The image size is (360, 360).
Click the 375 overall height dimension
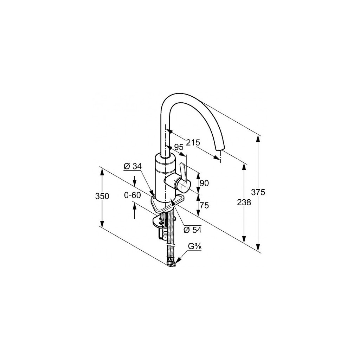coord(258,192)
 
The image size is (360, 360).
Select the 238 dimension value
coord(244,202)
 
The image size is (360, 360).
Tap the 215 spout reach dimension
coord(193,143)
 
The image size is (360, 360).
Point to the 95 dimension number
coord(179,147)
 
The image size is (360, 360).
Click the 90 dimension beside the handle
coord(204,183)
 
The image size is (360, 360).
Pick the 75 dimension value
coord(204,205)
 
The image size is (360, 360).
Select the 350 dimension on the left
coord(102,196)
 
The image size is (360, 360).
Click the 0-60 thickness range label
coord(132,195)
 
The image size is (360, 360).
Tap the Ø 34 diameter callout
coord(133,166)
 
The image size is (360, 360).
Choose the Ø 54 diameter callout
coord(192,230)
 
